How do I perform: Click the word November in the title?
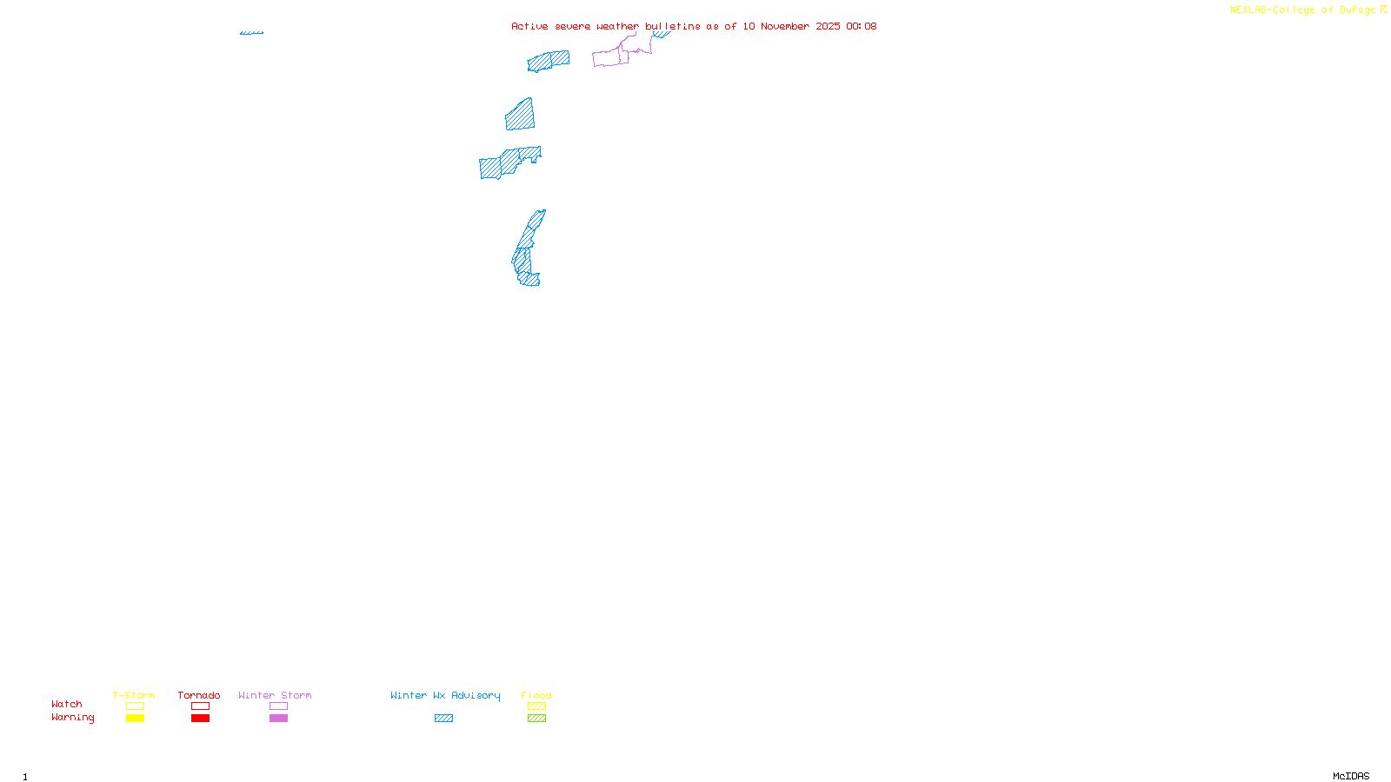coord(785,26)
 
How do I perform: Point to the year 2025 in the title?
coord(828,26)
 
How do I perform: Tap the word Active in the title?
coord(529,26)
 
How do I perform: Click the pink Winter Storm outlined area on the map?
coord(610,57)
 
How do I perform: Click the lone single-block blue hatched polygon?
coord(521,116)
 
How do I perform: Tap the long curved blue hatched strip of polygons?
coord(527,252)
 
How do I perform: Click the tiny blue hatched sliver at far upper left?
coord(251,33)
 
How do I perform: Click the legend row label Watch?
coord(67,704)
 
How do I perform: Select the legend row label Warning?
coord(73,718)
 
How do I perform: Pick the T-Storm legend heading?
coord(134,695)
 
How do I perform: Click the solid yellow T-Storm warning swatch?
coord(135,719)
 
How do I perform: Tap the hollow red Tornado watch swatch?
coord(200,706)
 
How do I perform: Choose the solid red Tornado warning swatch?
coord(200,719)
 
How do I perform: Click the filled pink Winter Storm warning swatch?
coord(278,719)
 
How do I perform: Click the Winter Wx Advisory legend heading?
coord(445,695)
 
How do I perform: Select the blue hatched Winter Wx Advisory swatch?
coord(443,719)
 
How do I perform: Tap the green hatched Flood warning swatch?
coord(536,719)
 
